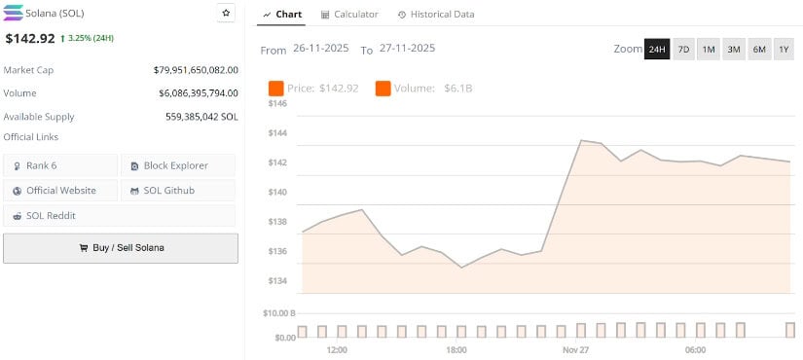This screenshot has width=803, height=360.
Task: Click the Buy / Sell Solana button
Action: (x=121, y=247)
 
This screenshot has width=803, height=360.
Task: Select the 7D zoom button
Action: (x=683, y=50)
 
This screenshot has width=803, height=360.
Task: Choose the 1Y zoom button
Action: (x=784, y=50)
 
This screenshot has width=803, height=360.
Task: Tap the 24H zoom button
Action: (x=657, y=50)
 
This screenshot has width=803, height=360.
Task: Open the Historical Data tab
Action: (x=436, y=15)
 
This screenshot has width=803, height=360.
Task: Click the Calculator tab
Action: (x=349, y=15)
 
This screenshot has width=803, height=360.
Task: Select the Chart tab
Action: (x=282, y=15)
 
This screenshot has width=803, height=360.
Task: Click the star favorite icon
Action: (x=226, y=13)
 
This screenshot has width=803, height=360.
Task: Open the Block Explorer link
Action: (x=177, y=165)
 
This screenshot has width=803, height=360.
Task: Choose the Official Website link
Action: (x=60, y=191)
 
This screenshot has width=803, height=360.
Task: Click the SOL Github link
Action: (x=177, y=191)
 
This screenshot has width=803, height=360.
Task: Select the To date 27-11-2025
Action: (x=407, y=49)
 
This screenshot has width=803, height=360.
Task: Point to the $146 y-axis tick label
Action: (x=278, y=103)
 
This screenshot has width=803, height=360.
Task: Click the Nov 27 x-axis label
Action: (x=576, y=349)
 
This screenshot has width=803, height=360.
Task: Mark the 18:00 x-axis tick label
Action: (x=456, y=349)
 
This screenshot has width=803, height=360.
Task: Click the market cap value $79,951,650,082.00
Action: (x=196, y=70)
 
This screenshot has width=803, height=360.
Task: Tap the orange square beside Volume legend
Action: (x=383, y=89)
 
